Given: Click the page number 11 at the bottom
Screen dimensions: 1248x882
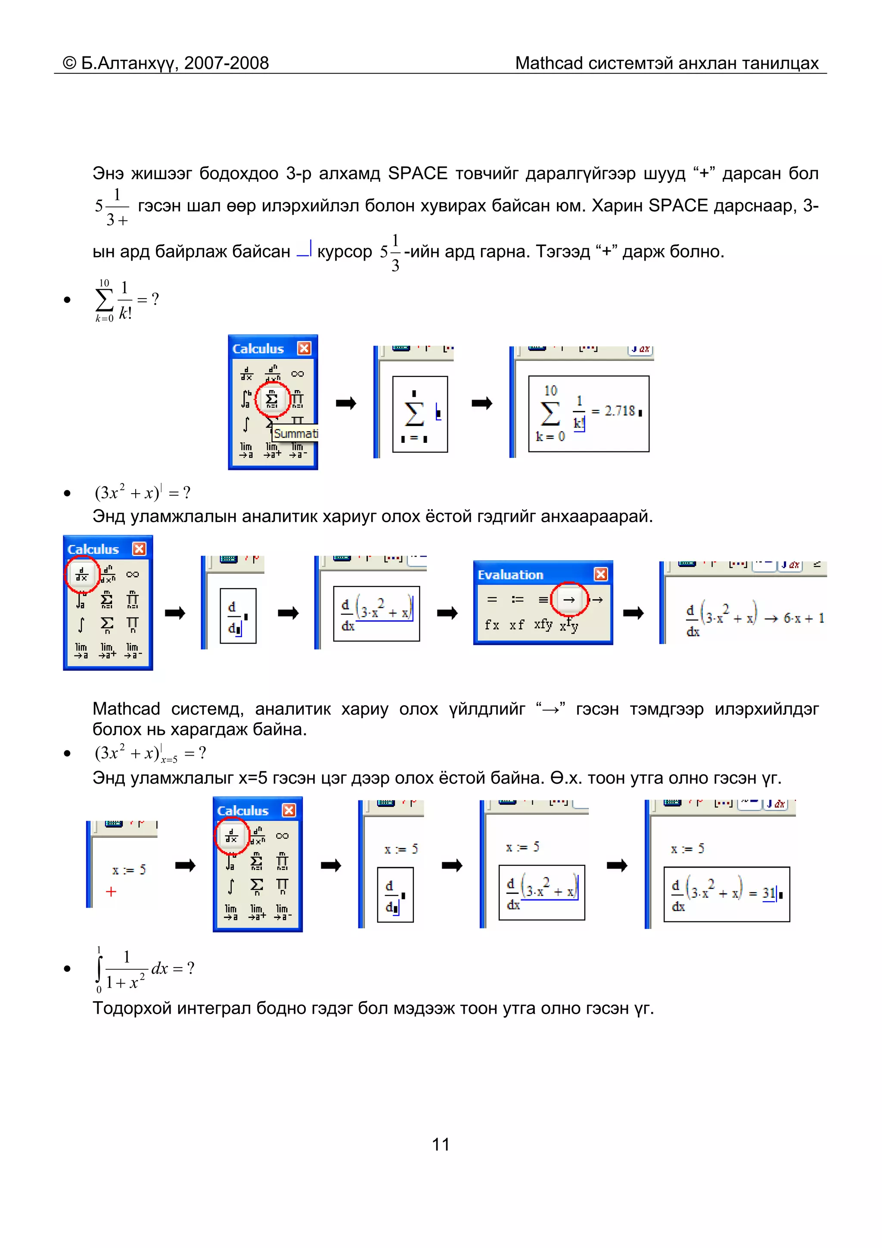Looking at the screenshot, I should pos(440,1144).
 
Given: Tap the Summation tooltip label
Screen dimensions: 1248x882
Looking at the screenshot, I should pos(295,433).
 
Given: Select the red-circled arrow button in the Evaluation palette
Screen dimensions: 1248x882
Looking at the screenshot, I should pos(569,600).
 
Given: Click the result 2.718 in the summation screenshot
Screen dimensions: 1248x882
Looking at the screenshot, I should pos(620,411).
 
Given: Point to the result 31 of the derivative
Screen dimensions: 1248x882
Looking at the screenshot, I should pos(768,893).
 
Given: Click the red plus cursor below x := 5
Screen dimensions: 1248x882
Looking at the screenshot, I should pos(111,891).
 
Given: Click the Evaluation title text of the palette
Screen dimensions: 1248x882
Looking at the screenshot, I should pos(510,575).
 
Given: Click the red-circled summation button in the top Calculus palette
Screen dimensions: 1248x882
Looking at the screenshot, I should pos(272,399).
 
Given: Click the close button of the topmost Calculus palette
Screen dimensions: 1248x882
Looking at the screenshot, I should pos(304,349).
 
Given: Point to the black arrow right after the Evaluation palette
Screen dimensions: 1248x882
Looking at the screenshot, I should pos(633,613).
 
